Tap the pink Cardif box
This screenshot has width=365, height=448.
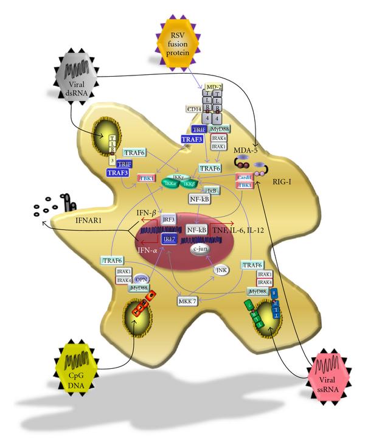(244, 177)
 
